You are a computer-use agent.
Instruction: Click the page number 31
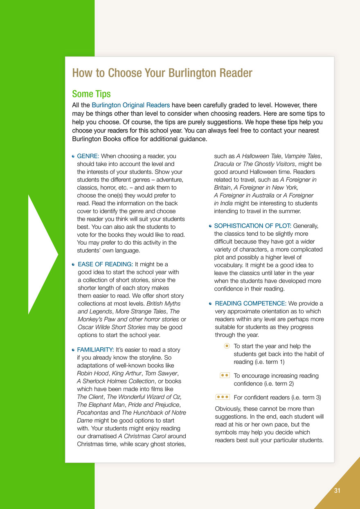337,491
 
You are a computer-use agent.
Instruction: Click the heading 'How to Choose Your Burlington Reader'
162,73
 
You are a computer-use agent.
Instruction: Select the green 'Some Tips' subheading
91,94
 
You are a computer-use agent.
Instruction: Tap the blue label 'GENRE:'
88,156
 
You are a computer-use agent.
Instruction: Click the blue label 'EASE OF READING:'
105,264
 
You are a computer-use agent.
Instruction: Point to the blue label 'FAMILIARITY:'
95,350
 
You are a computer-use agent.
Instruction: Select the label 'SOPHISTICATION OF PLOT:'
253,226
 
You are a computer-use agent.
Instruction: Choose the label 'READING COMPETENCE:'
250,304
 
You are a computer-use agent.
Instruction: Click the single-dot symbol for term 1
227,346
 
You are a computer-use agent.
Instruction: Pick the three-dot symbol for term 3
223,397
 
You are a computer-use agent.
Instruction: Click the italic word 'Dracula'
224,164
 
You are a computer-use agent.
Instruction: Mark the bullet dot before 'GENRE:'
73,156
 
